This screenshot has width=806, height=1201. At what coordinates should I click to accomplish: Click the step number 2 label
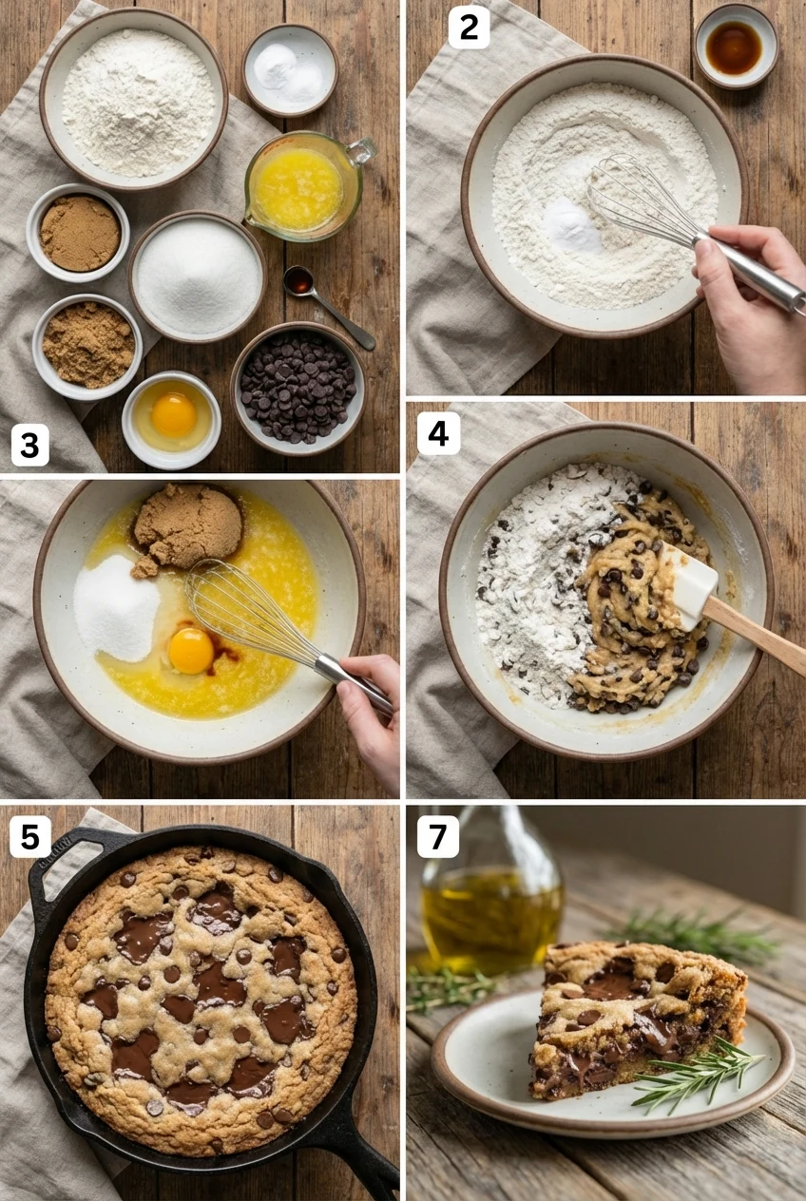(x=469, y=29)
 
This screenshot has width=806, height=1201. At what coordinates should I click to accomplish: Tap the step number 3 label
(x=29, y=445)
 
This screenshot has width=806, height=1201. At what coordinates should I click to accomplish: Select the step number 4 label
(x=438, y=433)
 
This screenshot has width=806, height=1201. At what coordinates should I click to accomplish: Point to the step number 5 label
(x=29, y=837)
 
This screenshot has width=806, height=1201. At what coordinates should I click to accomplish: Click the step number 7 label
(x=437, y=837)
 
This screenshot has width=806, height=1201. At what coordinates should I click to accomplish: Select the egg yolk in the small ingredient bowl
(x=174, y=414)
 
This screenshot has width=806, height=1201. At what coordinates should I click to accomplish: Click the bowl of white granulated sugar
(x=197, y=276)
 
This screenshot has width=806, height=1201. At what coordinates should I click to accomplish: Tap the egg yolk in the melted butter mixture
(x=191, y=650)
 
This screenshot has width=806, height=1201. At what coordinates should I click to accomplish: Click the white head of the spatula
(x=691, y=585)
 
